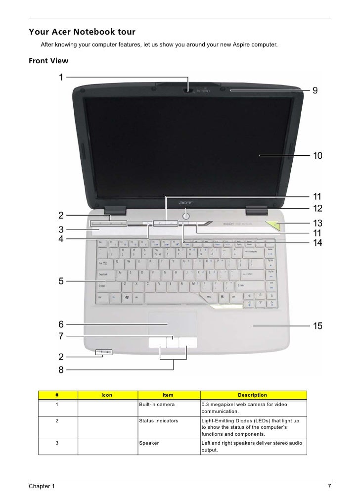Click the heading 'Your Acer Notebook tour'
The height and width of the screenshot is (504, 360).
[82, 32]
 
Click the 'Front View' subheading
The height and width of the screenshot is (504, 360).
[48, 61]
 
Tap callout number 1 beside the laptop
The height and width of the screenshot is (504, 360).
[61, 77]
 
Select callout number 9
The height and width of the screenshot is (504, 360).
[315, 91]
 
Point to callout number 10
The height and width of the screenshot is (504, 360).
[316, 156]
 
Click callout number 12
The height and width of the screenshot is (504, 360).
[316, 209]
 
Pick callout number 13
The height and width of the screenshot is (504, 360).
[316, 223]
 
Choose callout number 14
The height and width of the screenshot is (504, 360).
[316, 242]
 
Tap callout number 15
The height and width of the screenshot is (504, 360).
[316, 326]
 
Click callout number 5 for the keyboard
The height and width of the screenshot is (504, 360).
[61, 281]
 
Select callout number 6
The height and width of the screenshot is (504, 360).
[61, 324]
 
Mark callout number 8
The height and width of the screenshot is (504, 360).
[61, 369]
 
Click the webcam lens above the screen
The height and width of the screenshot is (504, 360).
[188, 91]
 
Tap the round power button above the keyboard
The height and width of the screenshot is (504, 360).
[185, 215]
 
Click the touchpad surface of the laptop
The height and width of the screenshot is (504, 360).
[173, 324]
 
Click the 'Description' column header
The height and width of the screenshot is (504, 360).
[252, 395]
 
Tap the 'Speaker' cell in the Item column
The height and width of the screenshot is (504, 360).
[149, 443]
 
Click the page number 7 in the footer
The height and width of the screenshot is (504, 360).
[329, 487]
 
